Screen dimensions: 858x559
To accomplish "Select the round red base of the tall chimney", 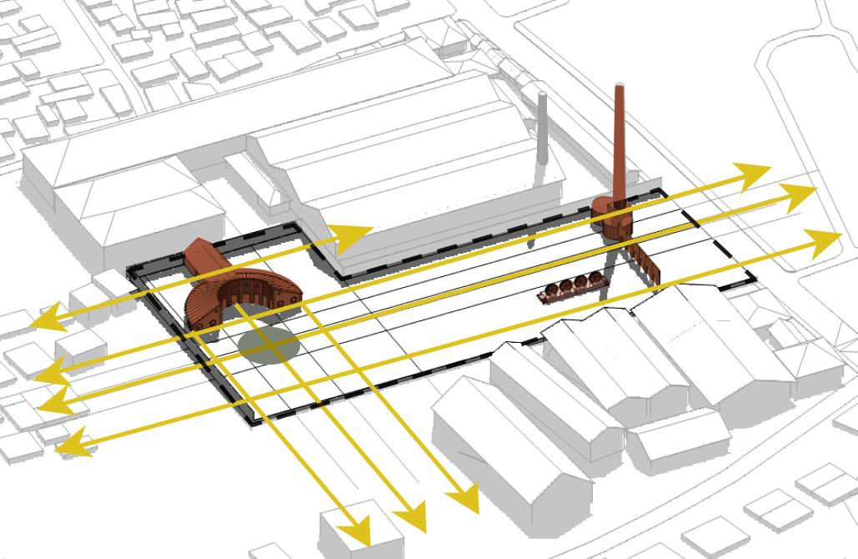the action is [x=614, y=219].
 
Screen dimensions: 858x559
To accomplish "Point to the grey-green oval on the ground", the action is [x=267, y=343].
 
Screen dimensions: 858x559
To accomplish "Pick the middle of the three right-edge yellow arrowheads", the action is [x=801, y=196].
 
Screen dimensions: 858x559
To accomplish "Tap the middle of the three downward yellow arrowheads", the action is [x=412, y=518].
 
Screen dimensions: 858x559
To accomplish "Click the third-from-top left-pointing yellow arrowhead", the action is [x=52, y=403].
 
